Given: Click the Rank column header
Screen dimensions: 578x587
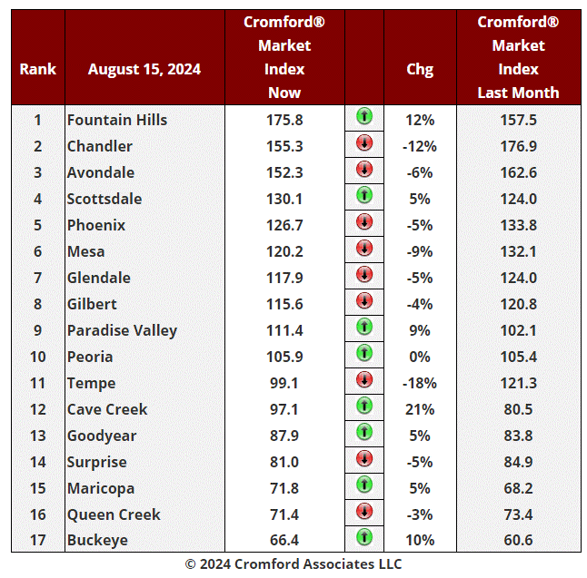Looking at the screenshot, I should pos(37,69).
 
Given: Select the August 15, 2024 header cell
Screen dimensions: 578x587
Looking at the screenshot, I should pos(144,69).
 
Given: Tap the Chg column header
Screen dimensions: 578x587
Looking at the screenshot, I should pos(420,69).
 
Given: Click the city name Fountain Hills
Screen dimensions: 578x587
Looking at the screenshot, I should pos(117,120).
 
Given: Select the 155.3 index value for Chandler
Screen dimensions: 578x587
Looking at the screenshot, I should pos(284,146).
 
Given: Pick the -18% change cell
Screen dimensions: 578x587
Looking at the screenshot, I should pos(420,383).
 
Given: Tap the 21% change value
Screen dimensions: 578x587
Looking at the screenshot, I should pos(420,409).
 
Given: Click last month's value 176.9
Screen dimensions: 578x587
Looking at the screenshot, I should pos(518,146).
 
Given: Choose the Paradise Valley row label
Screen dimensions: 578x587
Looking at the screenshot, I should pos(122,330).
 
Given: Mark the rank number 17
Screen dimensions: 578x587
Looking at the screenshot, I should pos(37,541).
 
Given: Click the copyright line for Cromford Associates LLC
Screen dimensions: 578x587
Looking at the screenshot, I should pos(293,563).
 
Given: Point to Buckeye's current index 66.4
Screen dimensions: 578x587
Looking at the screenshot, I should pos(284,541).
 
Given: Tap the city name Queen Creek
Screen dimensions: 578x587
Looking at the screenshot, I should pos(114,514).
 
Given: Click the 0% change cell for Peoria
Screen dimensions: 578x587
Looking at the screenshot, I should pos(420,357).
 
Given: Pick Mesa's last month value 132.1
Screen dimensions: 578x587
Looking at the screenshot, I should pos(518,251).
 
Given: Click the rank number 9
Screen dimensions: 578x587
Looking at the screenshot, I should pos(37,330).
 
